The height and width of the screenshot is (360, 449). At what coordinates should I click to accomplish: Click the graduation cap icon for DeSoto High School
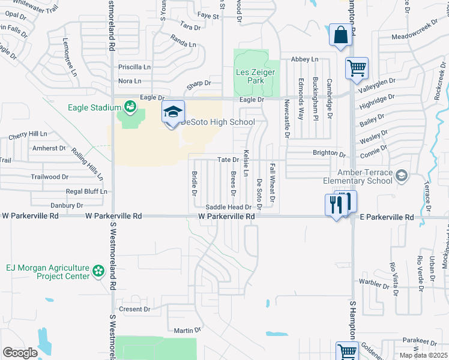tap(172, 112)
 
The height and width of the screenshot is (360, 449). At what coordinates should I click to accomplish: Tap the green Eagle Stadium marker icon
tap(130, 107)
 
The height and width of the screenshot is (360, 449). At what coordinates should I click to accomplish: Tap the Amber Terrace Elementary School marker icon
tap(401, 176)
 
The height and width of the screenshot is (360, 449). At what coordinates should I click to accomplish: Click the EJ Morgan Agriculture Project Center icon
tap(98, 272)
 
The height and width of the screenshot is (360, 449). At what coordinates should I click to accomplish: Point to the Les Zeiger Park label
tap(255, 77)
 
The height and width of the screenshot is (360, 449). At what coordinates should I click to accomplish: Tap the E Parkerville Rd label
tap(388, 217)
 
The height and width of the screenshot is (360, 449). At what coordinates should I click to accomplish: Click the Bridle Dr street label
tap(194, 183)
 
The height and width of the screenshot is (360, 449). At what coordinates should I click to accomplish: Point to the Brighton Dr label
tap(329, 153)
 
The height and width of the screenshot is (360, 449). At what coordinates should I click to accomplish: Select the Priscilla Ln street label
tap(133, 67)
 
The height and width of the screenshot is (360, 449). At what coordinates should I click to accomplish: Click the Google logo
tap(20, 352)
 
